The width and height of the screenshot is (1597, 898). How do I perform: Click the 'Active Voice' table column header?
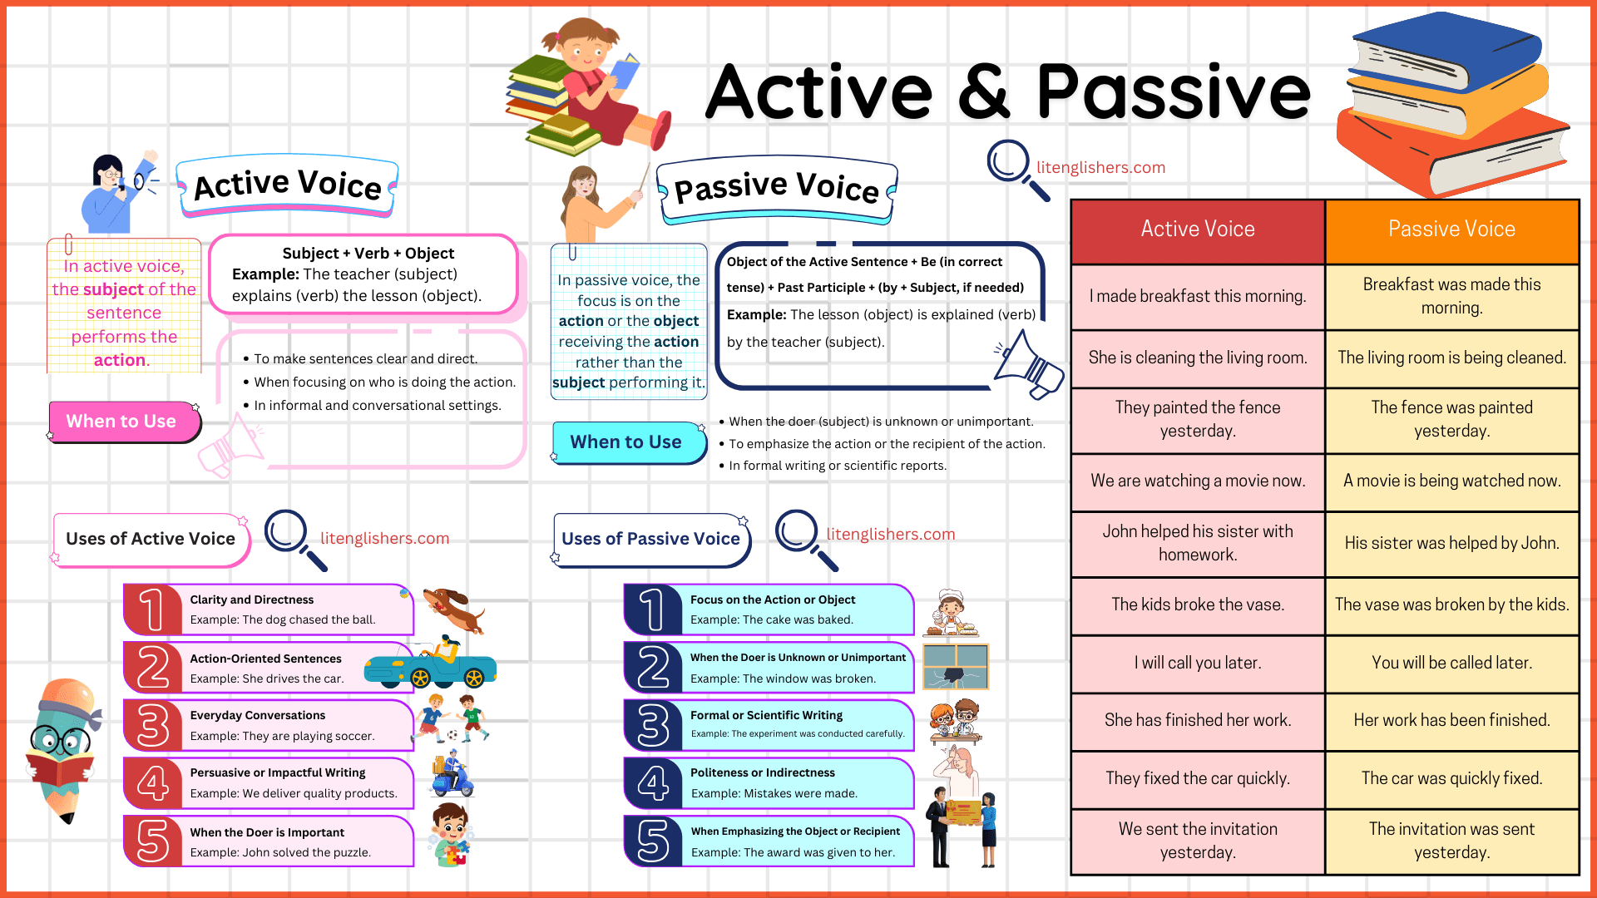(1197, 229)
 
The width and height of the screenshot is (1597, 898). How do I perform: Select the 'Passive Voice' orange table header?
(1451, 229)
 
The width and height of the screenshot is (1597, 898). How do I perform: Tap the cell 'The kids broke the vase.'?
(1197, 604)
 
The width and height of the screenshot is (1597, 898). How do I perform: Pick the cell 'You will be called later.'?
(1451, 663)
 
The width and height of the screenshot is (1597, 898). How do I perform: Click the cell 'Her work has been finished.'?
(1451, 720)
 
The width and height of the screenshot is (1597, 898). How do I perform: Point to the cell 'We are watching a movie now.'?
(1197, 481)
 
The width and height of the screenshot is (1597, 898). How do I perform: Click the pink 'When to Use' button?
(122, 422)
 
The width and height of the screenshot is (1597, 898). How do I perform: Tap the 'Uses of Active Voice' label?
(151, 539)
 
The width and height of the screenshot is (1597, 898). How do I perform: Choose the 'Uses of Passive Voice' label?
(650, 539)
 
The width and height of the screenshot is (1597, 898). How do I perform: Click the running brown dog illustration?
(453, 609)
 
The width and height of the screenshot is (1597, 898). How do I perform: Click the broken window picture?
(955, 666)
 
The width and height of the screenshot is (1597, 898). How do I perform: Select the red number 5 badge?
(152, 841)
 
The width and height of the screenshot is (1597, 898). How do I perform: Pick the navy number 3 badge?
(653, 725)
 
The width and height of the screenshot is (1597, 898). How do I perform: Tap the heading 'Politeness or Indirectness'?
(762, 772)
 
